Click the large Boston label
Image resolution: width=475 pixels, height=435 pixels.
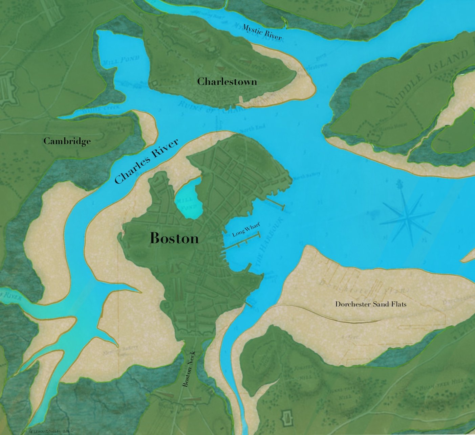click(174, 238)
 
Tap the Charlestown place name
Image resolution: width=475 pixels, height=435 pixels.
click(227, 82)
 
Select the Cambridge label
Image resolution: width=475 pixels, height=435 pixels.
click(67, 141)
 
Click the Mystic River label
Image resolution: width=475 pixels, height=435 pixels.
click(261, 32)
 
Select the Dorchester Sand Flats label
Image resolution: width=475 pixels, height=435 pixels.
click(371, 304)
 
